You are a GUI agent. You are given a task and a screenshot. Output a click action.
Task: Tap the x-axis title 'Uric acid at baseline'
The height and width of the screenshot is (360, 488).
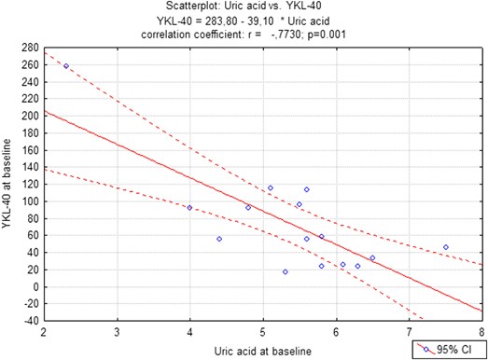coord(262,350)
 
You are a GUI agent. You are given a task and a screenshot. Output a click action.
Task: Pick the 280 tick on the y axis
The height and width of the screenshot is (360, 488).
coord(27,47)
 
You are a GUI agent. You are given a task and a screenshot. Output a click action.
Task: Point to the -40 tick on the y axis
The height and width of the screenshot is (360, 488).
coord(27,321)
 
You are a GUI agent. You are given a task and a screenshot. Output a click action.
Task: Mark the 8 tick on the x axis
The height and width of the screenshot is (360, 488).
coord(481,331)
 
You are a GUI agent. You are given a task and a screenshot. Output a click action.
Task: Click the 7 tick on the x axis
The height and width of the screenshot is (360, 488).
coord(408,331)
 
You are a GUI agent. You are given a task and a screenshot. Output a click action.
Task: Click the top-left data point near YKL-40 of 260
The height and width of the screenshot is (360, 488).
coord(66,66)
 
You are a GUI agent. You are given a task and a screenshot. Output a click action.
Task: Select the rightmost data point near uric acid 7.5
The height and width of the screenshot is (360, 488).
coord(445,247)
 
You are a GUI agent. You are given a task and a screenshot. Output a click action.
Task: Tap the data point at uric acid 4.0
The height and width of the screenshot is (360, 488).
coord(189,208)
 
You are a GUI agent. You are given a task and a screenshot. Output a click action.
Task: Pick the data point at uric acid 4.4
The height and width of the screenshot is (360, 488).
coord(218,239)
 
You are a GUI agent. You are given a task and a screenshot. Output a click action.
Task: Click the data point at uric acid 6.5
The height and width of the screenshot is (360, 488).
coord(372,258)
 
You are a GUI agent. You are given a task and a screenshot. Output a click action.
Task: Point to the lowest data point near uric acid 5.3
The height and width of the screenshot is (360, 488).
coord(285,271)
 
